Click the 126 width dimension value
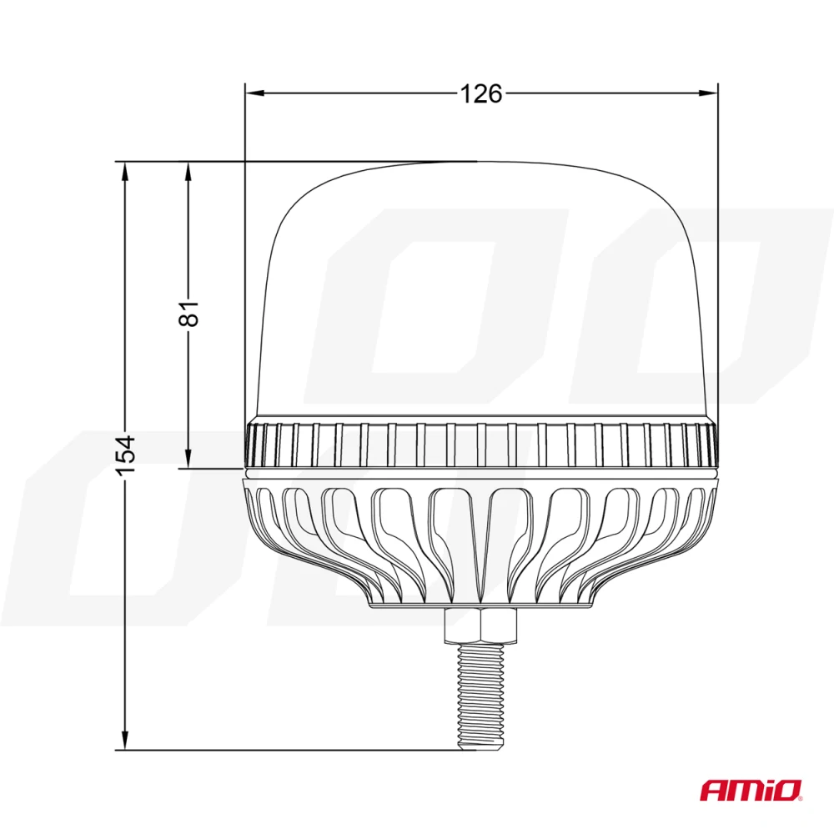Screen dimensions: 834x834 coord(482,94)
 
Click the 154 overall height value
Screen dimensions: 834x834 coord(125,455)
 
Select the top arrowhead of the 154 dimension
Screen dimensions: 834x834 coord(125,169)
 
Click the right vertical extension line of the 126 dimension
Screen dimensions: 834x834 coord(718,250)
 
